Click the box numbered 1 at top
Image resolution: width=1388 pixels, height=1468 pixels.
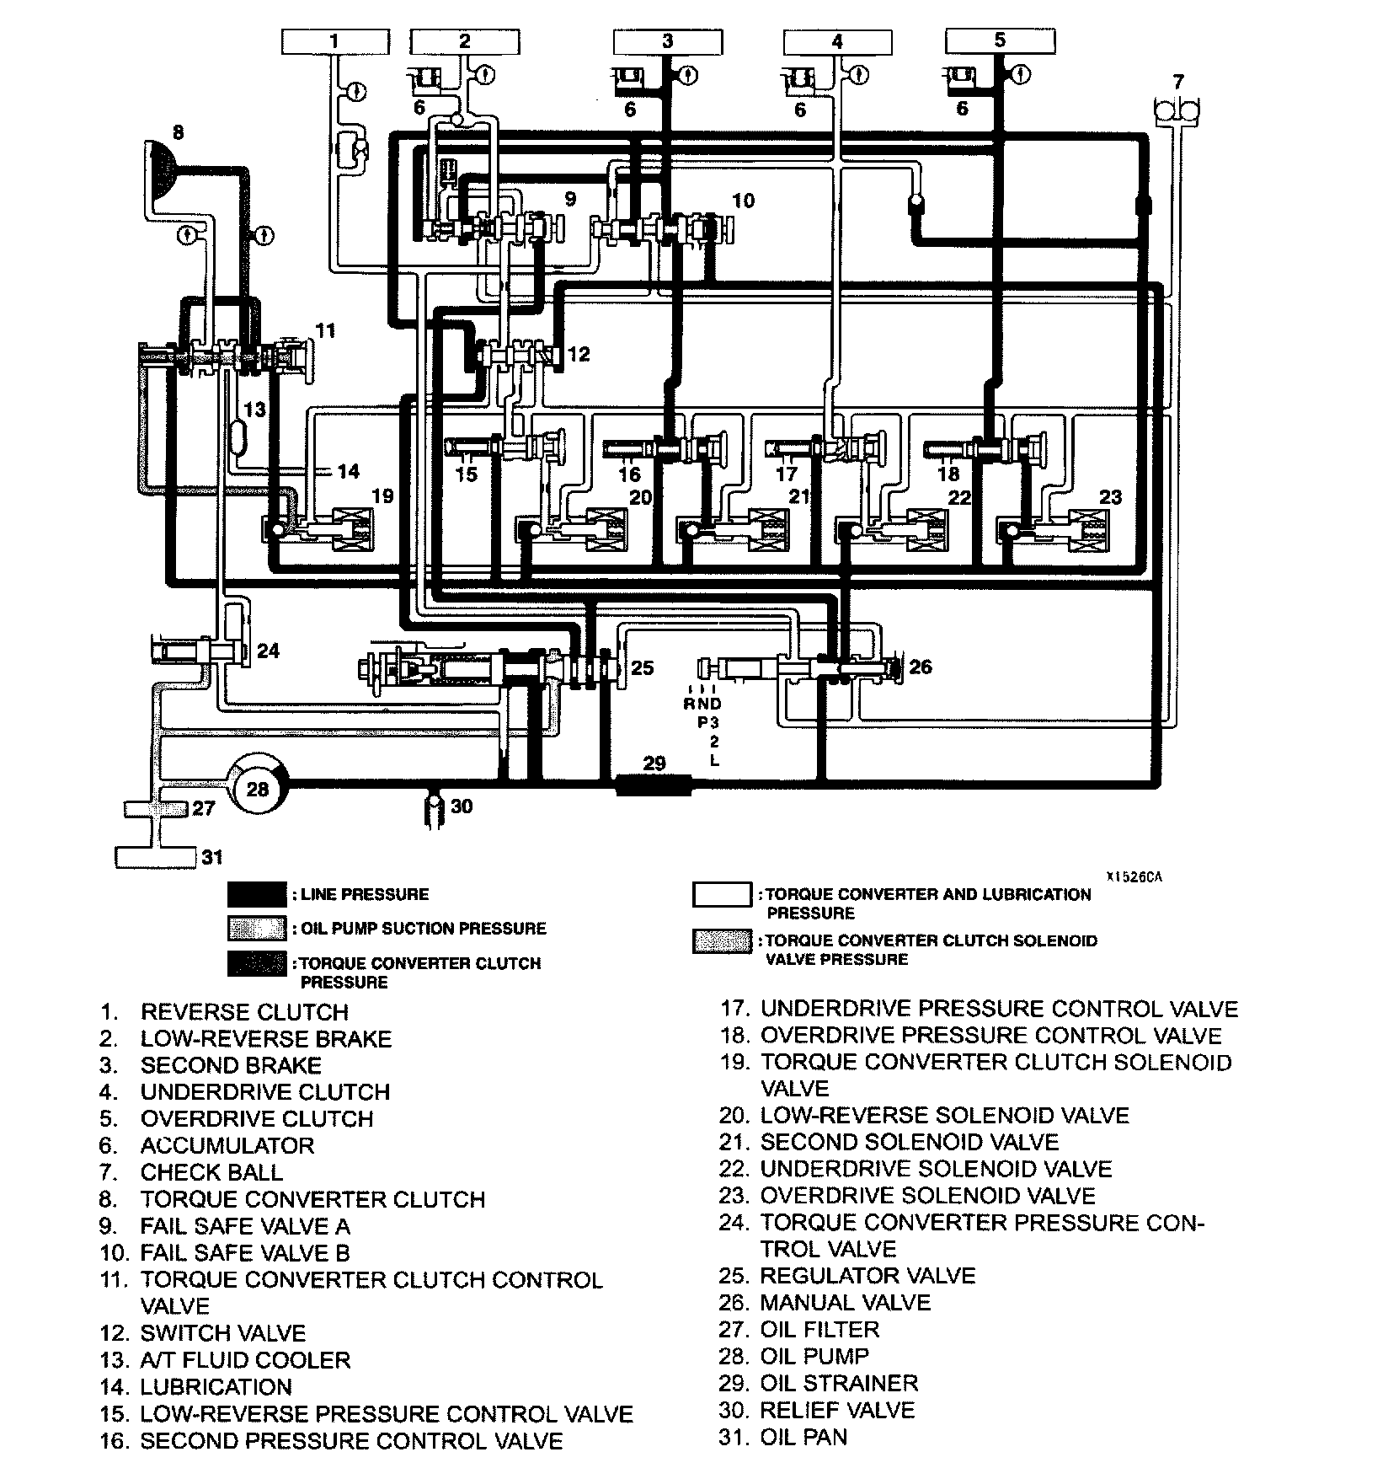(334, 41)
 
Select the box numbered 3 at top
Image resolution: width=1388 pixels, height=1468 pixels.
(668, 41)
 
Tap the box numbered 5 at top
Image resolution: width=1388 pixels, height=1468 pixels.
(1000, 40)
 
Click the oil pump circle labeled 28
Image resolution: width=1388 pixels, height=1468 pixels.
(258, 789)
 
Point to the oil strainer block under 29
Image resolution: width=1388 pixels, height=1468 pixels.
(654, 785)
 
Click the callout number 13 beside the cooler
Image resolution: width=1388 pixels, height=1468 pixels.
(254, 410)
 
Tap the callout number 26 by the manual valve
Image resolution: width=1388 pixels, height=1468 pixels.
(921, 667)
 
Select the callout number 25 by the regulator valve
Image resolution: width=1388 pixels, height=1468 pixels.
(643, 668)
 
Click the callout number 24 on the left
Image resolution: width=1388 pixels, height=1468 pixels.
(268, 651)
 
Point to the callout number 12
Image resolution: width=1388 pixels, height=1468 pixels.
(579, 354)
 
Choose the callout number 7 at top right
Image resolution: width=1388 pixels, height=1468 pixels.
(1178, 82)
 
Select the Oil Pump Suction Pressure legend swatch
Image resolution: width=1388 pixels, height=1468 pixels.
(257, 929)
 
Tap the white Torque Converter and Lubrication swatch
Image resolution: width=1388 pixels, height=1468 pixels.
(722, 895)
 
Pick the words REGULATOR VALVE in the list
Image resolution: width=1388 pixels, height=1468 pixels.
(867, 1276)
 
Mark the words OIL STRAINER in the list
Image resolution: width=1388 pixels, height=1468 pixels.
(839, 1383)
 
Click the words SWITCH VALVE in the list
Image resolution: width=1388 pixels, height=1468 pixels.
(222, 1333)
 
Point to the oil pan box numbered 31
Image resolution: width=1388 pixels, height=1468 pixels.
(155, 857)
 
